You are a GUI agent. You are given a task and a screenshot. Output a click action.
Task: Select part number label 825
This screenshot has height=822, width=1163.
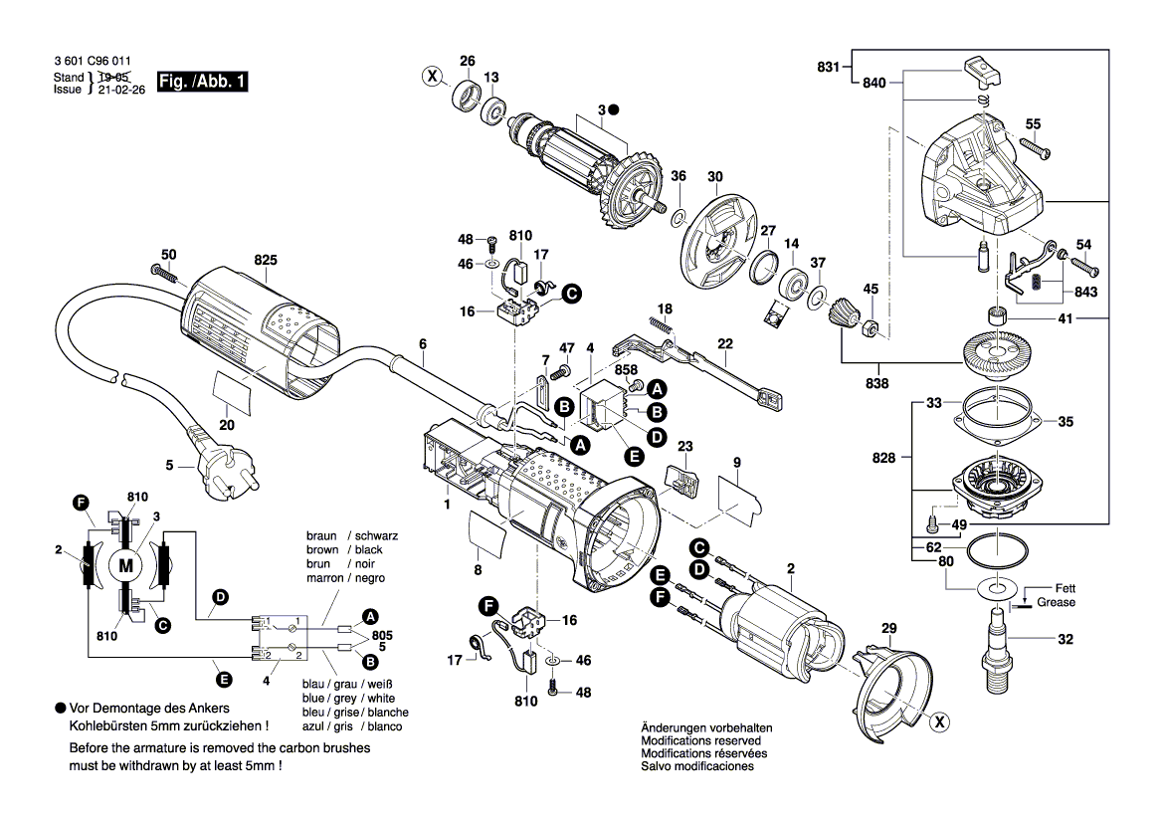(x=265, y=260)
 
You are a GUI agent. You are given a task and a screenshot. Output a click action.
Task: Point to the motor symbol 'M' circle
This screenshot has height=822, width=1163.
(x=125, y=565)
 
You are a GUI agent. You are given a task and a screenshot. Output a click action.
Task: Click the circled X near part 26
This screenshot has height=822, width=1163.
(x=431, y=75)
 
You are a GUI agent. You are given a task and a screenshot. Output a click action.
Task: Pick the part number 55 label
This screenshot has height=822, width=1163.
(x=1033, y=123)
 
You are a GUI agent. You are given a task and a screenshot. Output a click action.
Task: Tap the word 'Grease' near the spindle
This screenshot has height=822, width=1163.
(x=1056, y=602)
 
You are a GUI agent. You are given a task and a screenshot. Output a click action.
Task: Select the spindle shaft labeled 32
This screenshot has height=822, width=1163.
(x=998, y=641)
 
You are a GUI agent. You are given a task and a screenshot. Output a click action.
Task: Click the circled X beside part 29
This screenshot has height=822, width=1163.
(x=937, y=723)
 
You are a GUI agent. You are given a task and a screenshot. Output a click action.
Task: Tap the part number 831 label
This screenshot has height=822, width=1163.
(x=828, y=67)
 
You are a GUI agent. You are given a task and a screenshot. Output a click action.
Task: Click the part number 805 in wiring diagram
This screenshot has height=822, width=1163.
(x=382, y=634)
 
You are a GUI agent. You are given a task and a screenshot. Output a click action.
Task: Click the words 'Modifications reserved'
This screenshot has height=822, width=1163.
(x=700, y=741)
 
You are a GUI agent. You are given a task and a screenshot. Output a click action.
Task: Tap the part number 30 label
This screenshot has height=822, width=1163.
(x=714, y=176)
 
